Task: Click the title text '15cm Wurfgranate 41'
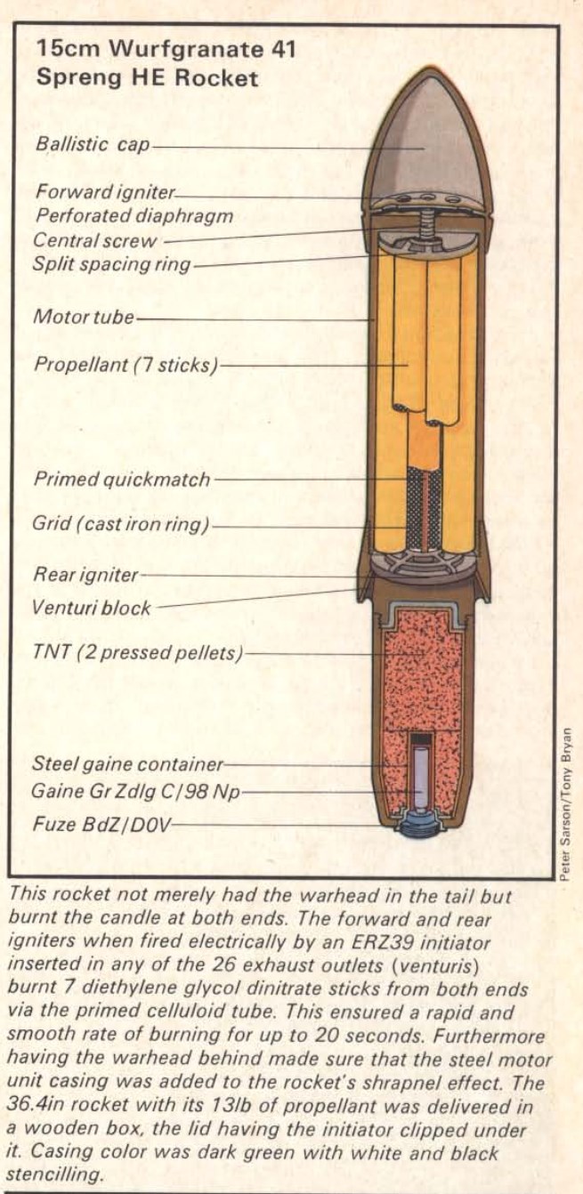point(166,50)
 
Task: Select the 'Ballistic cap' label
point(93,144)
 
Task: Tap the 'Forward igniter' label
point(105,191)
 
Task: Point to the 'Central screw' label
point(95,240)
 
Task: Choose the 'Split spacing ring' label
point(111,264)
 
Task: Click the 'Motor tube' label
point(84,317)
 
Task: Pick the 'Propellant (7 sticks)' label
point(126,365)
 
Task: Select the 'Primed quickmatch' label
point(122,480)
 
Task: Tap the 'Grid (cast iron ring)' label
point(121,524)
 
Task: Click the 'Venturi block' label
point(91,608)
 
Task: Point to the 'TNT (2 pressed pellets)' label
point(137,652)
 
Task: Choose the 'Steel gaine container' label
point(127,764)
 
